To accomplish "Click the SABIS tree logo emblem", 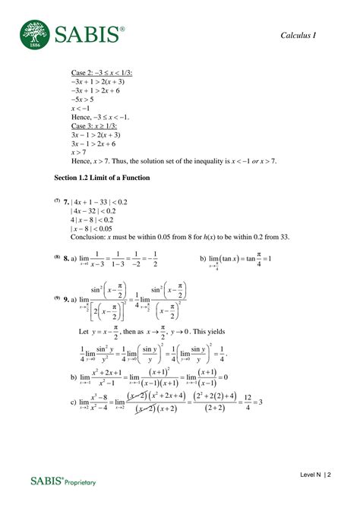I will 33,33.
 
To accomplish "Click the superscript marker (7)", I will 57,200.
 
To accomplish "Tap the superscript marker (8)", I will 57,257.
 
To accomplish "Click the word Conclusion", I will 92,237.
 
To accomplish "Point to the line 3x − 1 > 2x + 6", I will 98,144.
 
